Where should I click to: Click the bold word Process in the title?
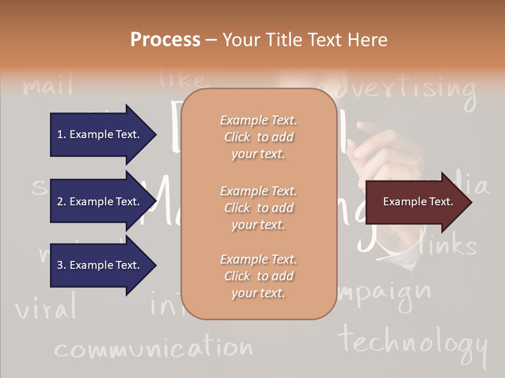click(165, 40)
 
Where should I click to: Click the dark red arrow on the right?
click(416, 202)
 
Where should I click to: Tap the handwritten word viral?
click(46, 308)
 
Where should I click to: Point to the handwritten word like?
click(183, 79)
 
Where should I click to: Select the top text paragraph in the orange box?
click(258, 137)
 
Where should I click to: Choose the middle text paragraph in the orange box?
click(258, 208)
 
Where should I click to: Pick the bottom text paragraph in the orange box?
click(258, 276)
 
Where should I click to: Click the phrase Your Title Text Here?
click(305, 40)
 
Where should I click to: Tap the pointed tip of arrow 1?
click(154, 134)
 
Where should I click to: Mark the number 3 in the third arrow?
click(60, 266)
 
